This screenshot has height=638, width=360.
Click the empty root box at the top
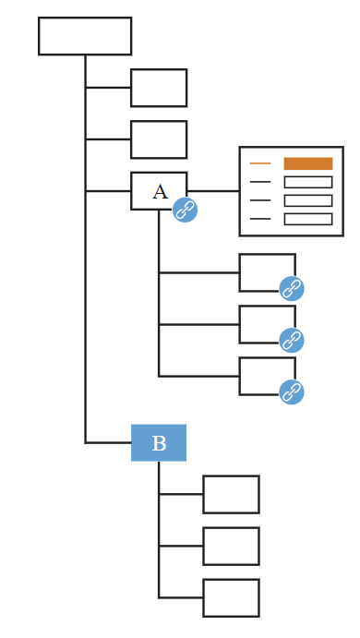[85, 36]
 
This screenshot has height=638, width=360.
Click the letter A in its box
[160, 192]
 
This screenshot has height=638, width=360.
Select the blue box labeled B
[159, 442]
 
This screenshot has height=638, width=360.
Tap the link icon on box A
[186, 210]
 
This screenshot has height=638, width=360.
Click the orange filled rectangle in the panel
[308, 163]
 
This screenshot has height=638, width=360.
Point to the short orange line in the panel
[260, 163]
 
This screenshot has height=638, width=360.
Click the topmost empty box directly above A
[159, 88]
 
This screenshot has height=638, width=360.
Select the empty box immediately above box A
[159, 139]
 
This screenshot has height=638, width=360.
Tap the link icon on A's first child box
[292, 288]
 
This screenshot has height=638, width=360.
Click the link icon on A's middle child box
[292, 340]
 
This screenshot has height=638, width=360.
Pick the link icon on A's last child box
[292, 391]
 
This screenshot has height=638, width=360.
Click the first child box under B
[232, 494]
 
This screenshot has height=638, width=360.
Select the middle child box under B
[232, 546]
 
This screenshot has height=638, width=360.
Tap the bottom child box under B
[232, 597]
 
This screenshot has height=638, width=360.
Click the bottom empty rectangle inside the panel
[308, 219]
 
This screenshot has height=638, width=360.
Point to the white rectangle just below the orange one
[308, 182]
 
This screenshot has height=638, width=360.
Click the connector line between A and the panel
[213, 191]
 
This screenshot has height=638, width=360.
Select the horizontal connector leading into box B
[108, 442]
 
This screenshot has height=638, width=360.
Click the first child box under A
[268, 272]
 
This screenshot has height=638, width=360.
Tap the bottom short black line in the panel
[260, 219]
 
